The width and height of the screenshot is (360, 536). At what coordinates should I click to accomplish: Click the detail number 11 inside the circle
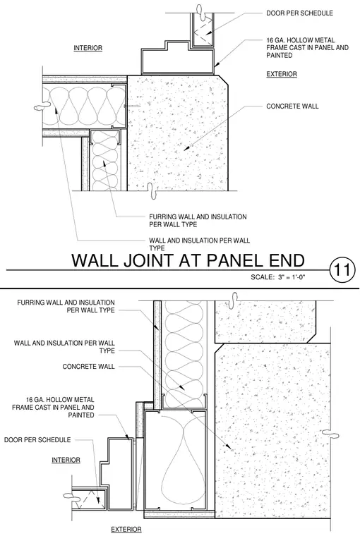pos(342,269)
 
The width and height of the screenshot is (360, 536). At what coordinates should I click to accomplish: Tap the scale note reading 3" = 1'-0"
pos(292,277)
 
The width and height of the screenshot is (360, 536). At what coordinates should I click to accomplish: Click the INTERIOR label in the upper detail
pos(88,48)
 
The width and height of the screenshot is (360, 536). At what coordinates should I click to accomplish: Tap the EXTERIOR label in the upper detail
pos(282,74)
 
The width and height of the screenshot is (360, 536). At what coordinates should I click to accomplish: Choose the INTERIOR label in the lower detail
pos(66,460)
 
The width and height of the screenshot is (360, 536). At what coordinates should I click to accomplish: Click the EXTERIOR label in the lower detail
pos(126,530)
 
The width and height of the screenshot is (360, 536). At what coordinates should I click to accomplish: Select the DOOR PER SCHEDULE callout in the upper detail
pos(300,13)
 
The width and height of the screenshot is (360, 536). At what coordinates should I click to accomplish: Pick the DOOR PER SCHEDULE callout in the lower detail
pos(37,439)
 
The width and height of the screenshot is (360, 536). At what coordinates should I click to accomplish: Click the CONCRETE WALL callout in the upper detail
pos(292,106)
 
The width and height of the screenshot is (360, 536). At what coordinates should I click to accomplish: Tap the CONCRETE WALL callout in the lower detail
pos(89,367)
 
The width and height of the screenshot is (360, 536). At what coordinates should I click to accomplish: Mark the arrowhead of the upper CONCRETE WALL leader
pos(186,149)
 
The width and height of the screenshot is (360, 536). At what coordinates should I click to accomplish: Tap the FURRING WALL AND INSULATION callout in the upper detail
pos(198,221)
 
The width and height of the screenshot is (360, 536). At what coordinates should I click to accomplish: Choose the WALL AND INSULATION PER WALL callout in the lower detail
pos(64,346)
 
